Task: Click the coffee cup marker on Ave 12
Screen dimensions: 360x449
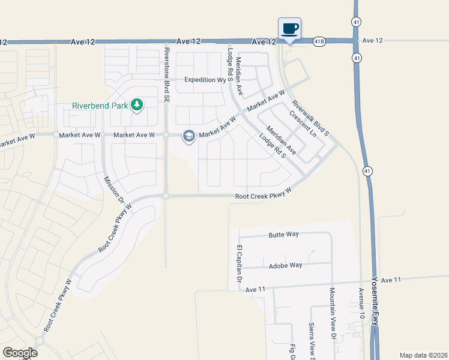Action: [x=290, y=28]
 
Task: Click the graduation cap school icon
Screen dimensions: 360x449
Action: [x=189, y=136]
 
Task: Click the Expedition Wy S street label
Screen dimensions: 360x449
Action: [x=208, y=79]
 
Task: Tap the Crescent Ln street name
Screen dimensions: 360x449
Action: [x=302, y=122]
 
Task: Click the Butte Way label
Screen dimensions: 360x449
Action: [x=284, y=235]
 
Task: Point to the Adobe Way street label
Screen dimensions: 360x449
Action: [x=285, y=265]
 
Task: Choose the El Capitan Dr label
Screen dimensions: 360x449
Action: [x=239, y=264]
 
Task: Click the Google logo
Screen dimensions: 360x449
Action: [x=20, y=353]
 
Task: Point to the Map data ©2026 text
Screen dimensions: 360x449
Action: [x=423, y=355]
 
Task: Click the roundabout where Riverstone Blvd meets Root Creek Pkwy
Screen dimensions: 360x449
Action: [x=165, y=196]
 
